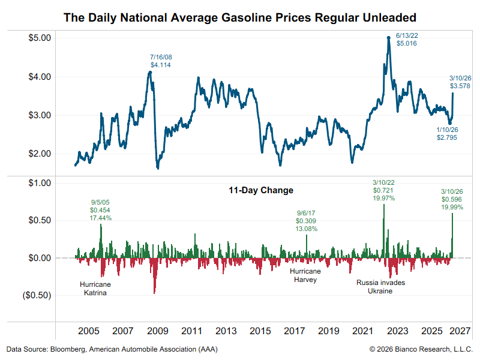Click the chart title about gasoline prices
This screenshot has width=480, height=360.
pos(240,17)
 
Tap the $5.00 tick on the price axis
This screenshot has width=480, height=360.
pos(40,38)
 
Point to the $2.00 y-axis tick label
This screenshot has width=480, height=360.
pos(40,154)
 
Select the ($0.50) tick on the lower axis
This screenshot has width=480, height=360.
pos(38,295)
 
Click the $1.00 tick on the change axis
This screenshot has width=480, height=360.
pos(40,183)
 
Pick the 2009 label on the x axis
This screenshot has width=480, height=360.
pos(157,331)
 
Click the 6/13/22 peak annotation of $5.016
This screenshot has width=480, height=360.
pos(406,40)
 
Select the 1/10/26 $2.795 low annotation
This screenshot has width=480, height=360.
pos(448,133)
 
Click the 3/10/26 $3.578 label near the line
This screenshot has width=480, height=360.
pos(460,82)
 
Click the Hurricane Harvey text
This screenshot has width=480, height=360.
pos(305,275)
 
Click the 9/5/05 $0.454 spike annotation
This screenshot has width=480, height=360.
pos(100,211)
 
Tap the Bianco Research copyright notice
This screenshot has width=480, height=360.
pos(421,349)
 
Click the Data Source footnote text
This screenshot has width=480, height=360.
pos(112,349)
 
